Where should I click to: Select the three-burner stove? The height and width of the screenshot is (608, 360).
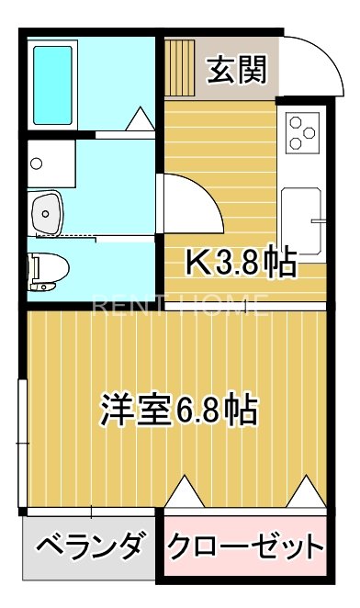[x=304, y=130]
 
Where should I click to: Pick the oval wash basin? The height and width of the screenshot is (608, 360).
[x=47, y=214]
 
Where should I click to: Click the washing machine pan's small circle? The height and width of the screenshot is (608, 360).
[x=36, y=164]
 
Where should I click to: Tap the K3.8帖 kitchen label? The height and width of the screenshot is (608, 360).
[x=241, y=264]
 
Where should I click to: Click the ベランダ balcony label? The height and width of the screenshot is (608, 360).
[x=90, y=548]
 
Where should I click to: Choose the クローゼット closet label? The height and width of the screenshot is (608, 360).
[x=245, y=548]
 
